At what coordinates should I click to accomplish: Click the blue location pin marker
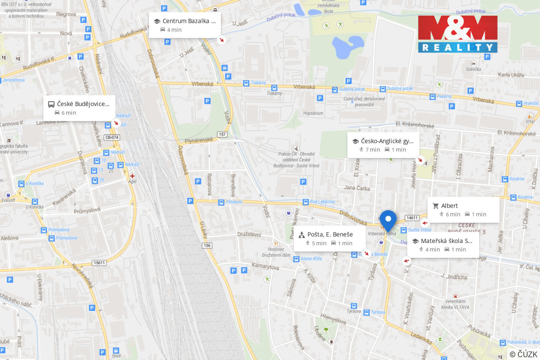[388, 219]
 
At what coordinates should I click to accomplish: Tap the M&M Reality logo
[457, 34]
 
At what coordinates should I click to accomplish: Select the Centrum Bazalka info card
[184, 25]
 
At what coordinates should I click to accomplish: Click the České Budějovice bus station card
[79, 108]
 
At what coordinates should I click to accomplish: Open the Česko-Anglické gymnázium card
[383, 145]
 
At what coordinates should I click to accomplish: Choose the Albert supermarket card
[463, 210]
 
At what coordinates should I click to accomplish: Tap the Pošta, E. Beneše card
[329, 238]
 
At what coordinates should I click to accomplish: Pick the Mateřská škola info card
[442, 245]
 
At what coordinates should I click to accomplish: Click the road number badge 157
[222, 134]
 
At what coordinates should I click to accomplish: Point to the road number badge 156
[207, 245]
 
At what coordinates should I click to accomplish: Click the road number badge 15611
[99, 263]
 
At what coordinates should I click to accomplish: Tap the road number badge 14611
[412, 218]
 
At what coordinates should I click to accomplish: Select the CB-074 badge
[112, 138]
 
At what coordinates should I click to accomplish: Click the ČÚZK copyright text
[523, 354]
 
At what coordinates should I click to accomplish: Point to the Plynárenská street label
[199, 141]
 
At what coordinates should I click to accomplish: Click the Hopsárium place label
[313, 113]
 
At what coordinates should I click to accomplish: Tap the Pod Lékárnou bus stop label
[322, 202]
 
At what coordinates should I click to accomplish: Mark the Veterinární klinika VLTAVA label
[455, 304]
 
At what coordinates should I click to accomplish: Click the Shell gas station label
[116, 355]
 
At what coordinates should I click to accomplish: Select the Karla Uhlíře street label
[511, 75]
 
